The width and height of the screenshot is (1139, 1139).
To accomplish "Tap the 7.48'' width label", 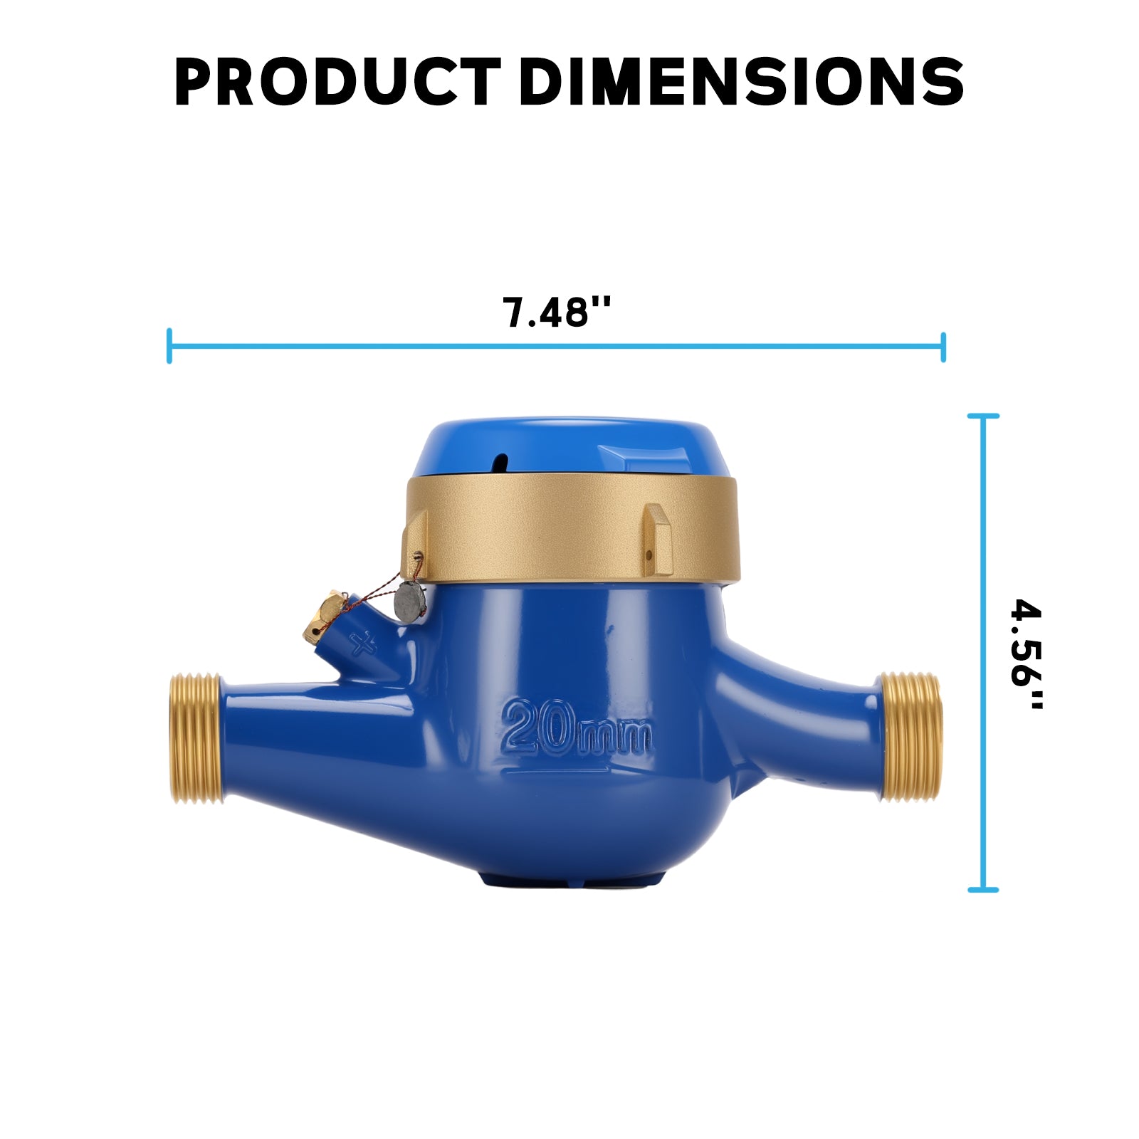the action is [556, 312].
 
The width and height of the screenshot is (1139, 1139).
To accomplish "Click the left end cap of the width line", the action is [169, 346].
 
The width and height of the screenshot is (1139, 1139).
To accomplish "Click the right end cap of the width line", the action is [943, 347].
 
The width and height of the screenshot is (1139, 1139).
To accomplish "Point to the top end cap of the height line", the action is [983, 416].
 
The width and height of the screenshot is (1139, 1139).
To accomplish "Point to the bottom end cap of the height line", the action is [983, 890].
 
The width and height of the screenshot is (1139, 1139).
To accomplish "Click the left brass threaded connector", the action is [195, 739].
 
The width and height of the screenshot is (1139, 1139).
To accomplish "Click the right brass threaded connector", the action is [912, 737].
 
